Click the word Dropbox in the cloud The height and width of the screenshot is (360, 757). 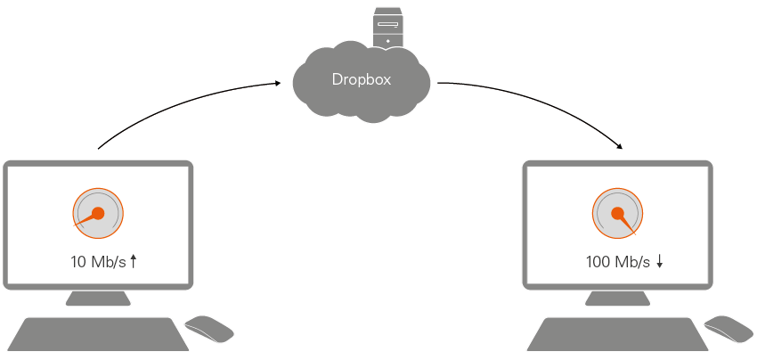[361, 79]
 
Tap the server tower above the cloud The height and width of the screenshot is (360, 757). [387, 26]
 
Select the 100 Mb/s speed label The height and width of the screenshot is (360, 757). [618, 262]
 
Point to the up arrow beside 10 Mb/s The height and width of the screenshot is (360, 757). [134, 261]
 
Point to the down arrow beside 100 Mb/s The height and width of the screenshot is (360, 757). [660, 261]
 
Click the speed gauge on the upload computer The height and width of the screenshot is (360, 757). [98, 214]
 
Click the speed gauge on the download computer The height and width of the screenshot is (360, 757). [618, 214]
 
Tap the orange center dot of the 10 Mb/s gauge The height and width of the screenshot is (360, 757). [99, 213]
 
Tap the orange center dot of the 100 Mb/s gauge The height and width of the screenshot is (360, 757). [617, 213]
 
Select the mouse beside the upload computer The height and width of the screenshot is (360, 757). [209, 329]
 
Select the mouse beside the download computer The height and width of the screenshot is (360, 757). [729, 329]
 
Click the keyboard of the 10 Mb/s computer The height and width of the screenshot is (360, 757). [98, 334]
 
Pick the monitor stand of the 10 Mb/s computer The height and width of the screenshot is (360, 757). [98, 299]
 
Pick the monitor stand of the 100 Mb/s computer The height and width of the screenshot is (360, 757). [618, 299]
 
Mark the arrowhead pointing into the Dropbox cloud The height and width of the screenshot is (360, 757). [277, 84]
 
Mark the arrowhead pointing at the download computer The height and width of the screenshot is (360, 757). [618, 146]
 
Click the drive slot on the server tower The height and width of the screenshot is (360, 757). [387, 24]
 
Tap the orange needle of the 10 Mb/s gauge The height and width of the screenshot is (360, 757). [85, 219]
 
